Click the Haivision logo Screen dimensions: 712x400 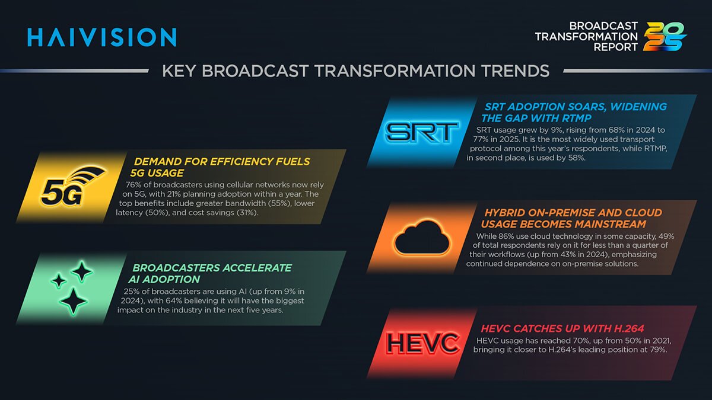click(101, 37)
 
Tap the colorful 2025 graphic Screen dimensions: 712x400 click(665, 37)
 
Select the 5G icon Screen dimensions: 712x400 click(73, 187)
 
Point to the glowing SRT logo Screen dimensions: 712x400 click(422, 132)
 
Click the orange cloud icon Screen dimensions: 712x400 click(422, 237)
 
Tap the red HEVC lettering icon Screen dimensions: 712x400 click(422, 343)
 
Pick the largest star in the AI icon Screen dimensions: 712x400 click(74, 301)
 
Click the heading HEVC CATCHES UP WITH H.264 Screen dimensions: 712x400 click(562, 328)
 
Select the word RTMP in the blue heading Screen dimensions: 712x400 click(577, 119)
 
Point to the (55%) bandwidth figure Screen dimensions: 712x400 click(279, 203)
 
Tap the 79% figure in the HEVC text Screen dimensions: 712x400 click(658, 350)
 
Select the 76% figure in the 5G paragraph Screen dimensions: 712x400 click(133, 185)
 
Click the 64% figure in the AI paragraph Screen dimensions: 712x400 click(173, 300)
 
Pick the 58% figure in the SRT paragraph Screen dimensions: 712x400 click(576, 158)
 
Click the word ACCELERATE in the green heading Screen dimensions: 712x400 click(256, 268)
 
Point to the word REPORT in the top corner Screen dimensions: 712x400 click(616, 47)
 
